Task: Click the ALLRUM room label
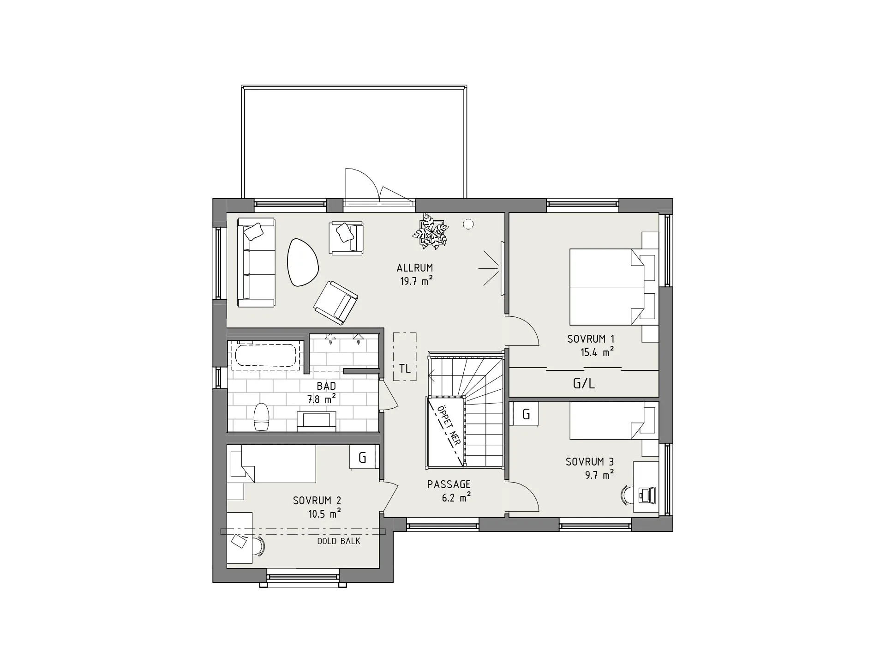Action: click(x=415, y=268)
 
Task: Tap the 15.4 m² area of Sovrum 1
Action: click(x=597, y=352)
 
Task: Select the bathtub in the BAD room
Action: click(x=266, y=356)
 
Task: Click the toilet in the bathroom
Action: click(x=261, y=417)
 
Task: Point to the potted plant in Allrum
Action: click(x=431, y=231)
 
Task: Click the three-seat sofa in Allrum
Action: click(x=256, y=263)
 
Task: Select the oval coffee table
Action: click(x=302, y=262)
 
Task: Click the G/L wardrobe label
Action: click(x=584, y=383)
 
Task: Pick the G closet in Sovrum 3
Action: click(x=526, y=414)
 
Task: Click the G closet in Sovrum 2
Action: click(x=362, y=458)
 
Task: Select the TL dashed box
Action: click(x=405, y=357)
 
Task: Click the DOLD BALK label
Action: click(x=339, y=541)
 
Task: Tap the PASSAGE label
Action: click(x=449, y=484)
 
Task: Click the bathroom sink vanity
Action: click(x=316, y=421)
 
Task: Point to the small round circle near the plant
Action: click(x=468, y=224)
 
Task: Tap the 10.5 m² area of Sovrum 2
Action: click(x=325, y=514)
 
